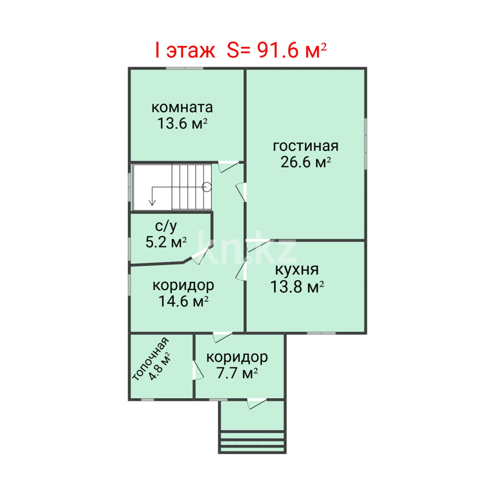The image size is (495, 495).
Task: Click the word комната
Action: click(x=182, y=108)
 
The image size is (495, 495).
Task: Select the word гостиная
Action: click(x=306, y=146)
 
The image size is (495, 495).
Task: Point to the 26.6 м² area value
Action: click(x=306, y=162)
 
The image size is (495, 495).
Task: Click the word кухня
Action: click(x=297, y=269)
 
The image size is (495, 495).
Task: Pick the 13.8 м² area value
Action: click(x=297, y=287)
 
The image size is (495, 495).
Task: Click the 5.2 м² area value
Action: click(x=166, y=242)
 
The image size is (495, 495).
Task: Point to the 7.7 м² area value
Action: click(x=236, y=374)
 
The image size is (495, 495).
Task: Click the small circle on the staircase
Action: click(x=207, y=187)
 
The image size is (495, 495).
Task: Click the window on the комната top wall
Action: click(x=184, y=68)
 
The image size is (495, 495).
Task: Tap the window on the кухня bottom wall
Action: click(x=321, y=333)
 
